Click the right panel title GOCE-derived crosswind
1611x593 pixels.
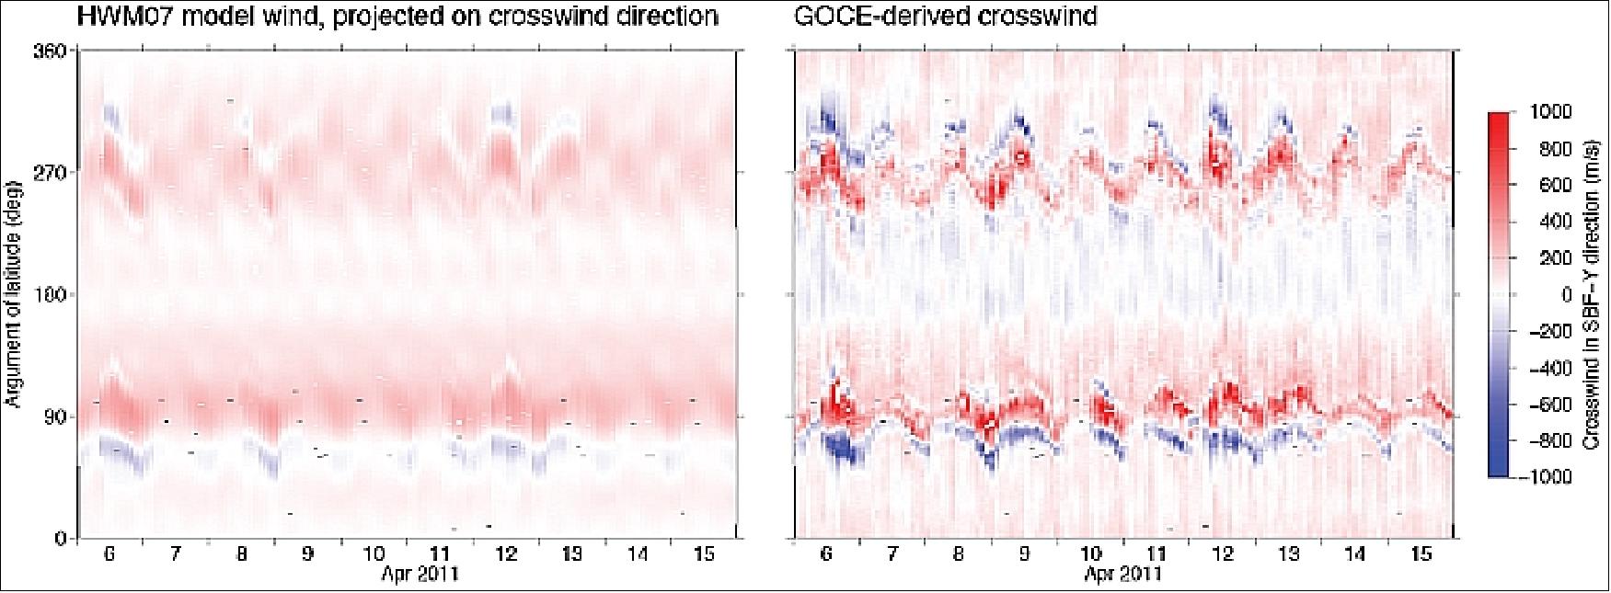point(945,17)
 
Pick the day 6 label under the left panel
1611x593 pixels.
point(109,555)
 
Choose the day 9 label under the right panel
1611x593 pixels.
point(1024,555)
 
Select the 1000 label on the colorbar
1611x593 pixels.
point(1551,111)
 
